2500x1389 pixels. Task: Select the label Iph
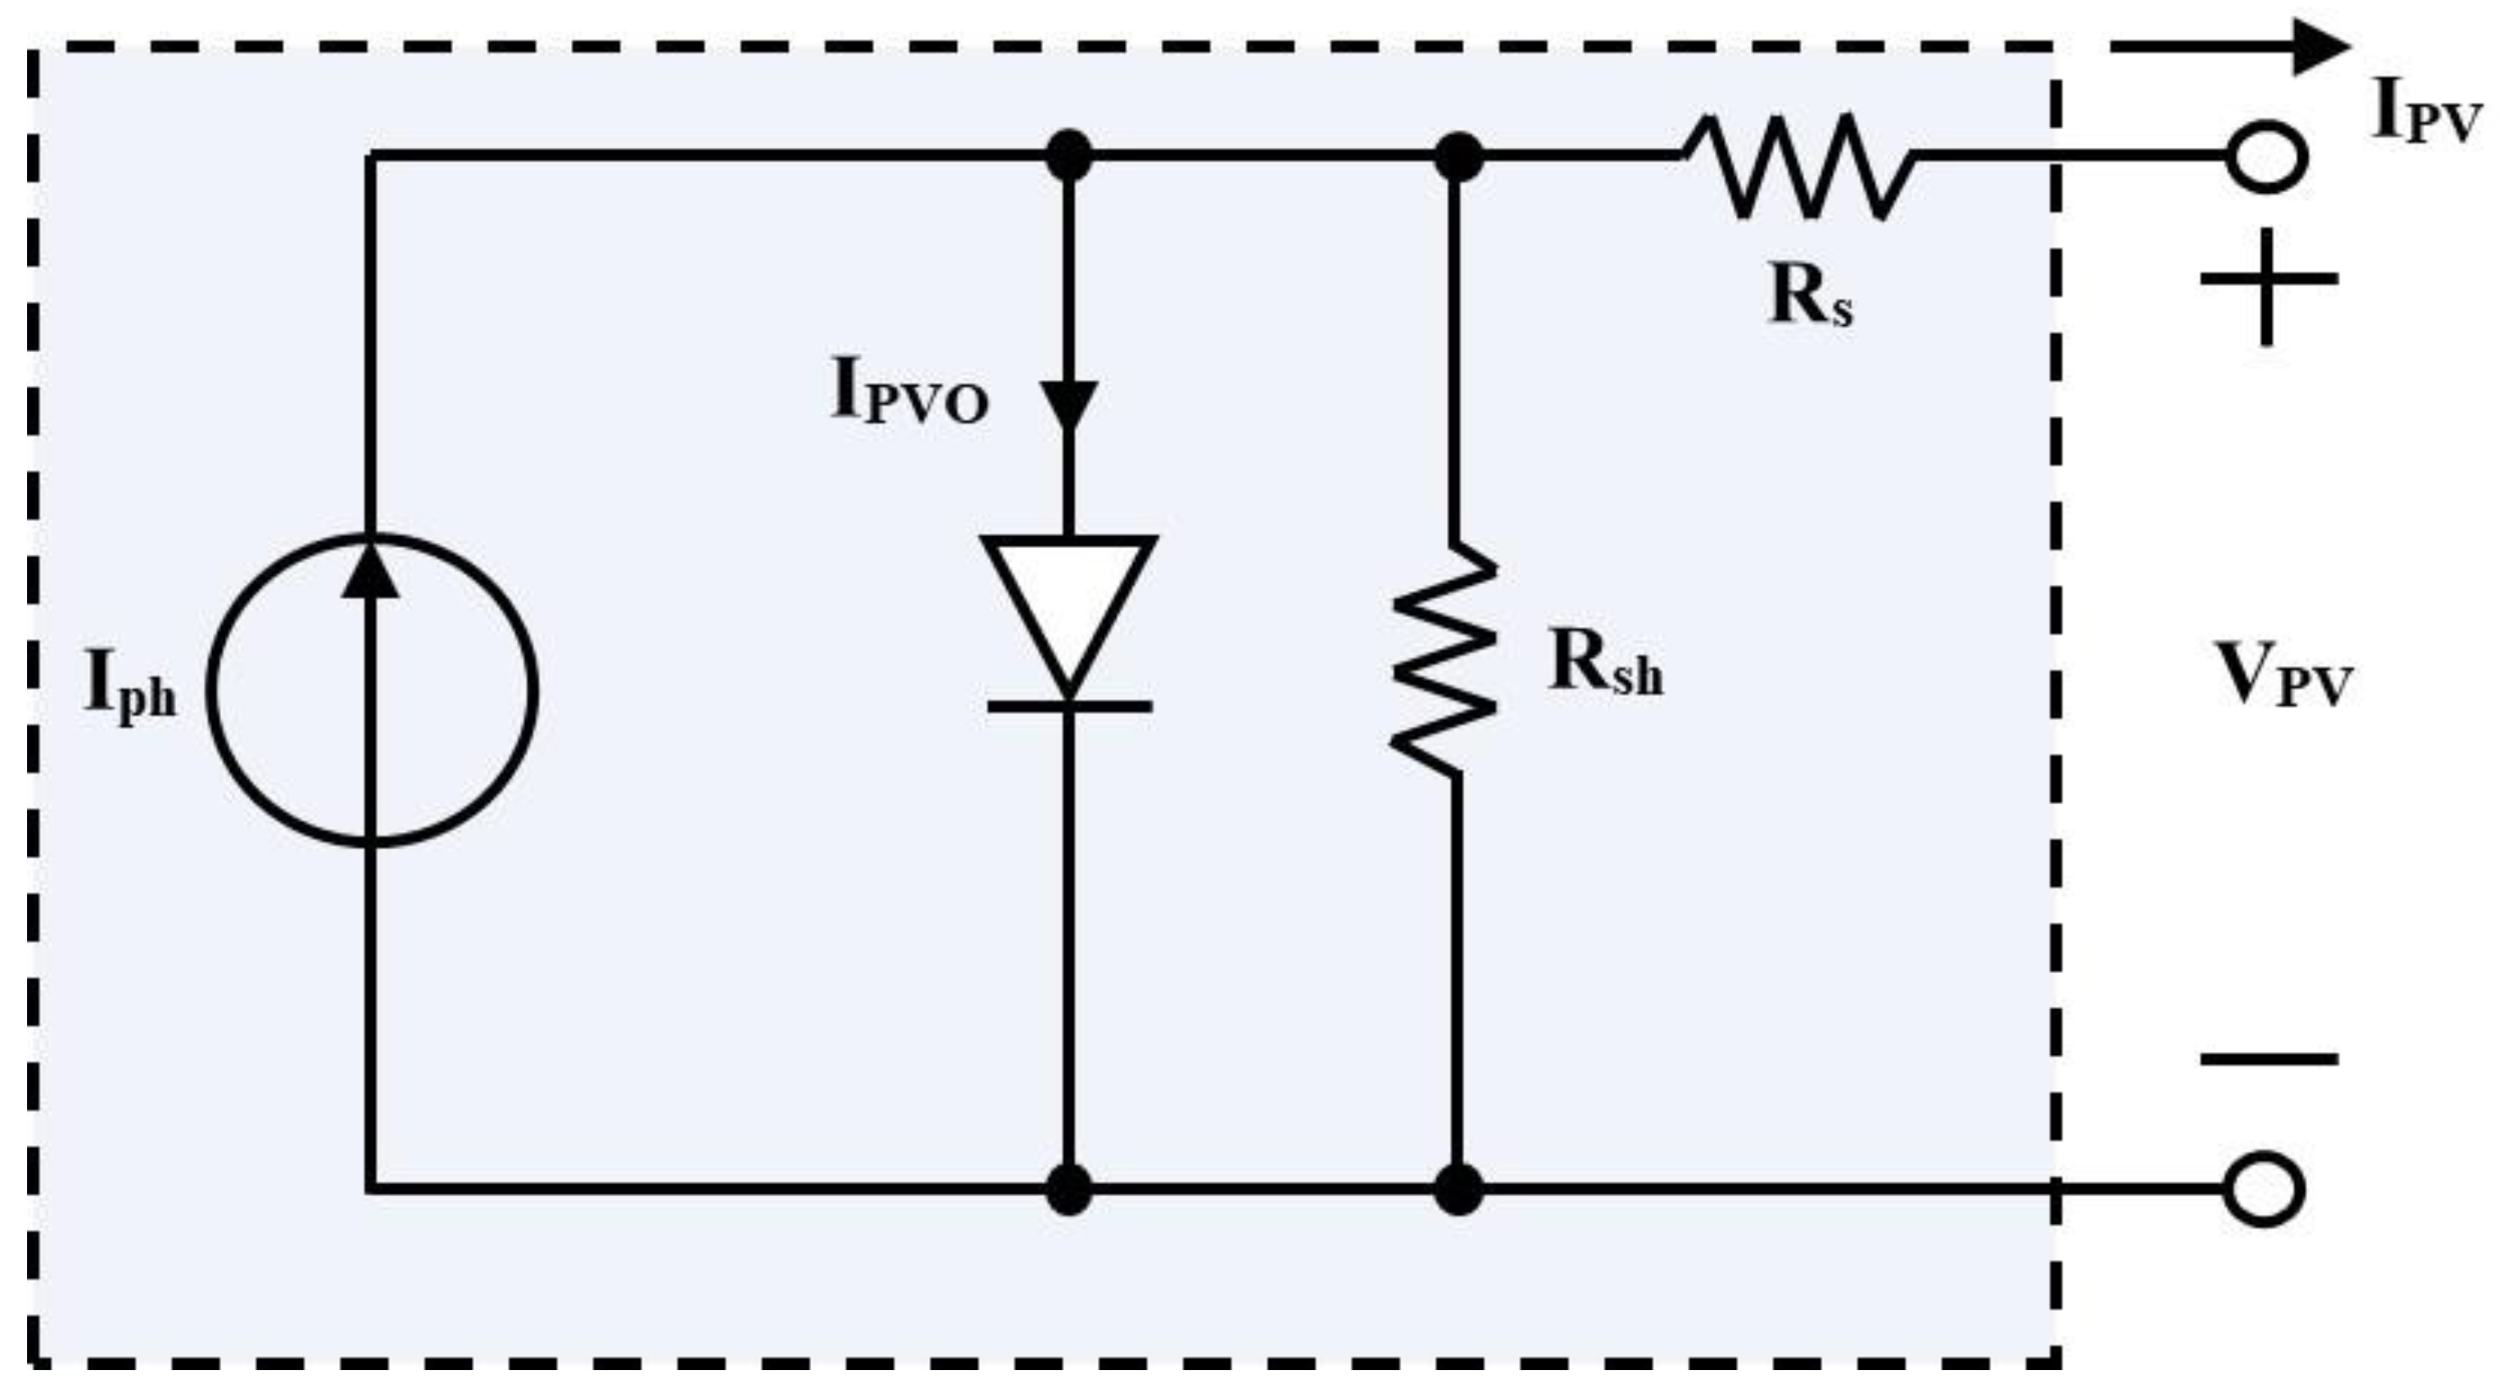pos(130,687)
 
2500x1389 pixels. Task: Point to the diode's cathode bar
pos(1068,707)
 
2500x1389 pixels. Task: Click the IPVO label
pos(909,394)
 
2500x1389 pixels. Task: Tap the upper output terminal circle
pos(2265,157)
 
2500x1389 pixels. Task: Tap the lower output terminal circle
pos(2264,1188)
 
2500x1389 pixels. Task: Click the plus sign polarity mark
pos(2267,281)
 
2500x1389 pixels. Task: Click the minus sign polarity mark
pos(2267,1059)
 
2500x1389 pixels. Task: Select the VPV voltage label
pos(2283,677)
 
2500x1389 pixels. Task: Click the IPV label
pos(2424,113)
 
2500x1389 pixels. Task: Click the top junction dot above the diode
pos(1068,156)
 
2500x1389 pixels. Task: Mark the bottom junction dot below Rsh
pos(1458,1188)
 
